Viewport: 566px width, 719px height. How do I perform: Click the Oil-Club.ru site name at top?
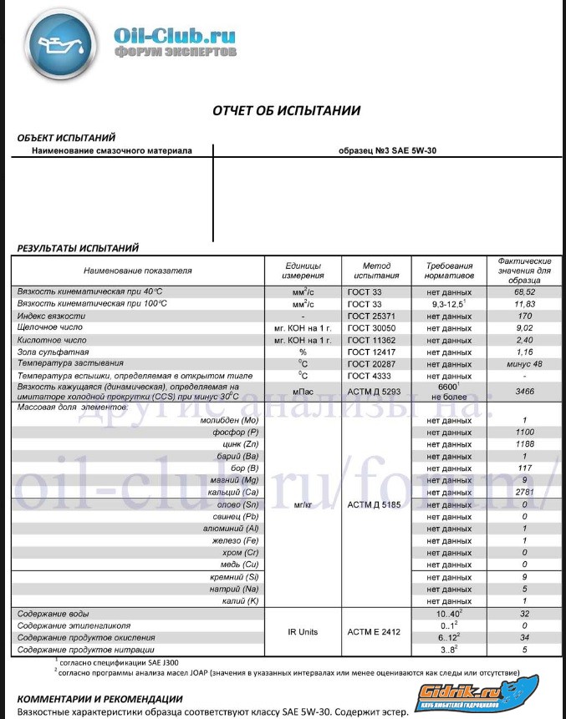pyautogui.click(x=175, y=36)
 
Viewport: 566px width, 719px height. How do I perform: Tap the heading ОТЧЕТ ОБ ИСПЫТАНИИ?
pyautogui.click(x=286, y=109)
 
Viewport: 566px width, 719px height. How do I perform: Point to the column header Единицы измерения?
pyautogui.click(x=303, y=270)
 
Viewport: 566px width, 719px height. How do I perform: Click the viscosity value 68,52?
pyautogui.click(x=524, y=291)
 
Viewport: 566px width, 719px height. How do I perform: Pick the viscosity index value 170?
pyautogui.click(x=524, y=316)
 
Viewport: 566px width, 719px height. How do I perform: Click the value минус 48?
pyautogui.click(x=524, y=364)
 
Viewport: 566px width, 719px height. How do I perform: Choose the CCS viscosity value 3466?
pyautogui.click(x=524, y=391)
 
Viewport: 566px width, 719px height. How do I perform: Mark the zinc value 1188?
pyautogui.click(x=524, y=445)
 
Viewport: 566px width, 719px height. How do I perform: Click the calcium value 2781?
pyautogui.click(x=524, y=494)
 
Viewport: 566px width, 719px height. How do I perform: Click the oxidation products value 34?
pyautogui.click(x=524, y=637)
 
